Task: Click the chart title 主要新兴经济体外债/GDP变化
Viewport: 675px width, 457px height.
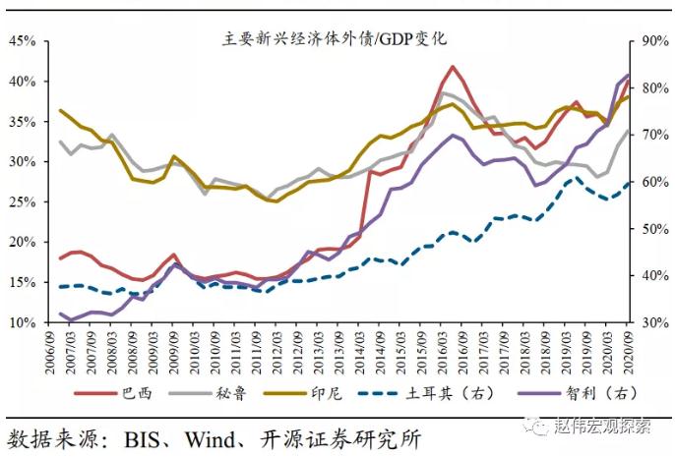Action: [x=335, y=39]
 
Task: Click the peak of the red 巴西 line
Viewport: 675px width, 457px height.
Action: [x=452, y=67]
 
